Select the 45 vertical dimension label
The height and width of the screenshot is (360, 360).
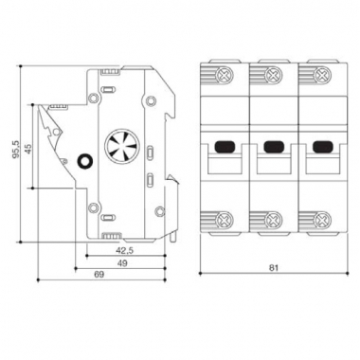tap(28, 149)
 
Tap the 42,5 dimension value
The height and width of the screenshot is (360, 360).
tap(125, 250)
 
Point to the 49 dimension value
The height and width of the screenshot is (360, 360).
tap(123, 263)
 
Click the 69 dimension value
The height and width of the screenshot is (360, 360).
tap(99, 275)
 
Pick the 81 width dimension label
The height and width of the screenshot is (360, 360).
tap(274, 268)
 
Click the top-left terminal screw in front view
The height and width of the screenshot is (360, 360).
tap(225, 76)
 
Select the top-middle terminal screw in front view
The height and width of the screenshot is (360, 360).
tap(273, 76)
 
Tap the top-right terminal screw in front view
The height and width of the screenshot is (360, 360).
tap(322, 76)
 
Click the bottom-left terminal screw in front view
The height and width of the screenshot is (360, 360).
tap(225, 219)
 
